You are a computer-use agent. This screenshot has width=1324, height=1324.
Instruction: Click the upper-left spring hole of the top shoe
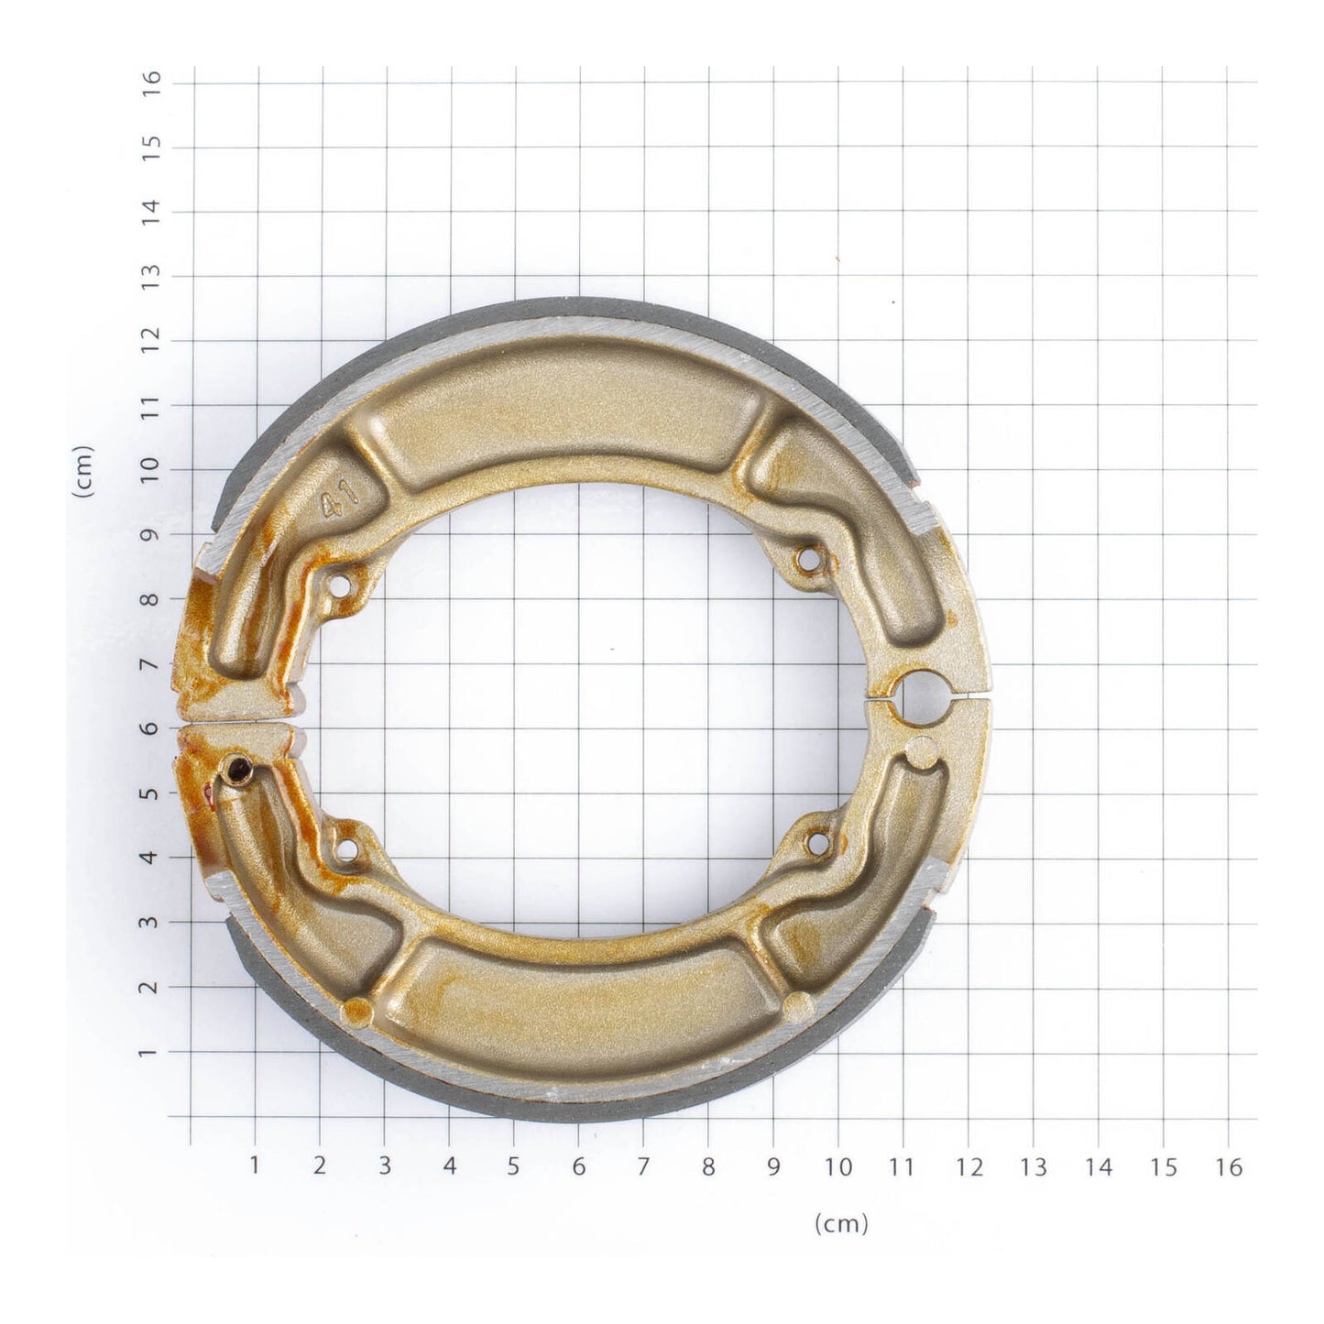click(x=342, y=584)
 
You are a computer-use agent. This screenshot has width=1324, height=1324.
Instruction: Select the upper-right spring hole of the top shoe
click(x=807, y=558)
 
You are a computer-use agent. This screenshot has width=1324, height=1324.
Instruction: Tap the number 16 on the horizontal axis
click(x=1229, y=1166)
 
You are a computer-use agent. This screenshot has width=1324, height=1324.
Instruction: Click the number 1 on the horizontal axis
click(x=254, y=1166)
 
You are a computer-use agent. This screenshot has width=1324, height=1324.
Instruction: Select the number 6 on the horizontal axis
click(x=578, y=1166)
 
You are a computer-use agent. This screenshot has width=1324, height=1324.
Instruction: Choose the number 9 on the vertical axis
click(x=152, y=534)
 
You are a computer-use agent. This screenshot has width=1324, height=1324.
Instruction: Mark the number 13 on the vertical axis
click(x=152, y=276)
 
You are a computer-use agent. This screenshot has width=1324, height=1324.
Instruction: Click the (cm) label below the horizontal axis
click(x=840, y=1223)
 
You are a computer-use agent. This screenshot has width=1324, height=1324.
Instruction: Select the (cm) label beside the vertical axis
click(x=83, y=471)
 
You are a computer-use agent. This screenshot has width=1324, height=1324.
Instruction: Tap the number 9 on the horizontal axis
click(x=773, y=1166)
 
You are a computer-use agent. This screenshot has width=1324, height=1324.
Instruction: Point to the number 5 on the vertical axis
click(x=152, y=793)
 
